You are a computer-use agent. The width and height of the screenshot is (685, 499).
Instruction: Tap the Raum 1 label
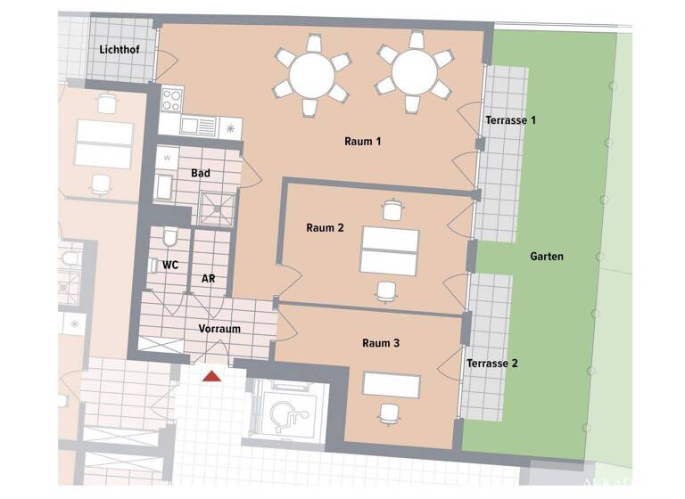pos(363,141)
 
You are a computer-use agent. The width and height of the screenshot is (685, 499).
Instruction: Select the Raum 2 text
pos(325,227)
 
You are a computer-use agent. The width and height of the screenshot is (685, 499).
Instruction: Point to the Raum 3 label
pos(381,342)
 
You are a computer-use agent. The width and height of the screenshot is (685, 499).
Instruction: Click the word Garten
pos(546,256)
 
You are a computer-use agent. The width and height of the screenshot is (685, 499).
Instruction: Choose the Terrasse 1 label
pos(510,119)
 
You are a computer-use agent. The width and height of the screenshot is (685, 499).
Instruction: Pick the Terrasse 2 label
pos(491,363)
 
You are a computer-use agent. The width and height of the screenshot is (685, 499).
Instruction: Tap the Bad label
pos(200,173)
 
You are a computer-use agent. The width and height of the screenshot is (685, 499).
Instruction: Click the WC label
pos(170,265)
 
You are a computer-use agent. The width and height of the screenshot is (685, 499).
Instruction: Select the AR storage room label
pos(208,278)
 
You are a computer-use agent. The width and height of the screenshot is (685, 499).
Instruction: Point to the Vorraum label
pos(219,328)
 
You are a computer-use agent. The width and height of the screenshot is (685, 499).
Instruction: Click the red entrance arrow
pos(211,376)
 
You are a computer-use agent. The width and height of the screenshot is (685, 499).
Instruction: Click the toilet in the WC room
pos(170,237)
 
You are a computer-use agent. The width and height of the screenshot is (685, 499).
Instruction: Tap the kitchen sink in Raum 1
pos(198,126)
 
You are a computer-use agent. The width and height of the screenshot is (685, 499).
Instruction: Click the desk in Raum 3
pos(391,385)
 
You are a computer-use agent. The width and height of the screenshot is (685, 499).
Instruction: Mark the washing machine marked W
pos(168,159)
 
